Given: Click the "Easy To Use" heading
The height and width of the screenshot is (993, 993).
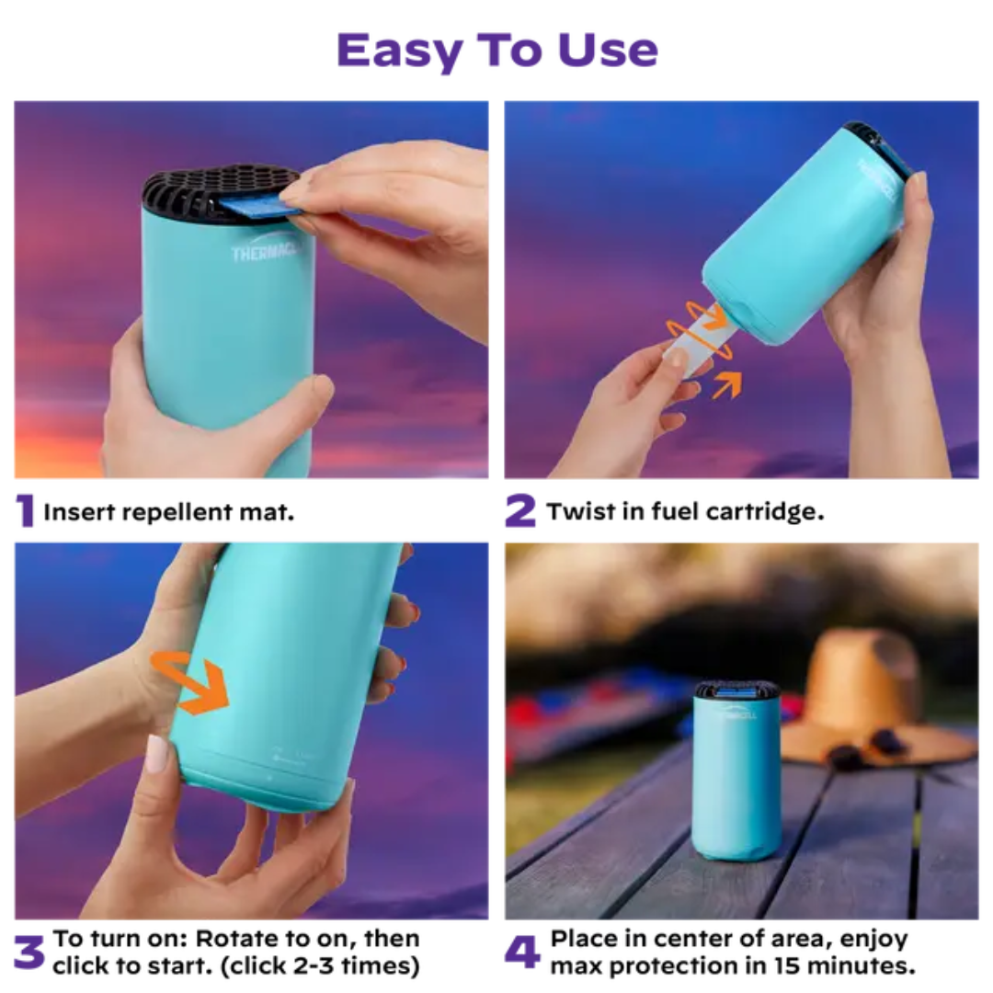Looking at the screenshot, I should pyautogui.click(x=497, y=50).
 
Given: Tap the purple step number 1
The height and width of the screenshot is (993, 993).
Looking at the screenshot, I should pyautogui.click(x=25, y=511).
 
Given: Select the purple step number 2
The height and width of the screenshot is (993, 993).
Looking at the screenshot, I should pyautogui.click(x=519, y=511).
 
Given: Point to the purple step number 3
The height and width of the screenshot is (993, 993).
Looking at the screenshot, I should pyautogui.click(x=29, y=953).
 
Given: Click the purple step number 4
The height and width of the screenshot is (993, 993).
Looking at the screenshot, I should pyautogui.click(x=521, y=953).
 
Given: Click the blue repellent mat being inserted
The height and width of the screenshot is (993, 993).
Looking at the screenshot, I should pyautogui.click(x=262, y=205).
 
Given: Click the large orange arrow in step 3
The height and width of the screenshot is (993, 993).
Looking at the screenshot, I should pyautogui.click(x=194, y=682).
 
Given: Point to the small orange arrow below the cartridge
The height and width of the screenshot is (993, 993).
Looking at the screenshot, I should pyautogui.click(x=726, y=383).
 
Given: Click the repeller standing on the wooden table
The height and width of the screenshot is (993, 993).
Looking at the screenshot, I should pyautogui.click(x=736, y=772).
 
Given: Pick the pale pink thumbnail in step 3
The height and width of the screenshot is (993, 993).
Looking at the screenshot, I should pyautogui.click(x=157, y=754).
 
